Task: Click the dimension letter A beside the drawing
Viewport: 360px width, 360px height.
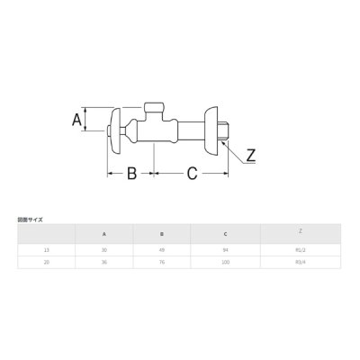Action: click(77, 119)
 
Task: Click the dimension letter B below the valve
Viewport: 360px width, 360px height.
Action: click(130, 174)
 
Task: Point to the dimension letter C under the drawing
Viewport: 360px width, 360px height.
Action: click(193, 174)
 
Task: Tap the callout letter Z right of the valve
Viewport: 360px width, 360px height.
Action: click(251, 155)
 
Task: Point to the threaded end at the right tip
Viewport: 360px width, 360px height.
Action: click(229, 130)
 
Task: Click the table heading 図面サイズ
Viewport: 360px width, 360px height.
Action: click(30, 220)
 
